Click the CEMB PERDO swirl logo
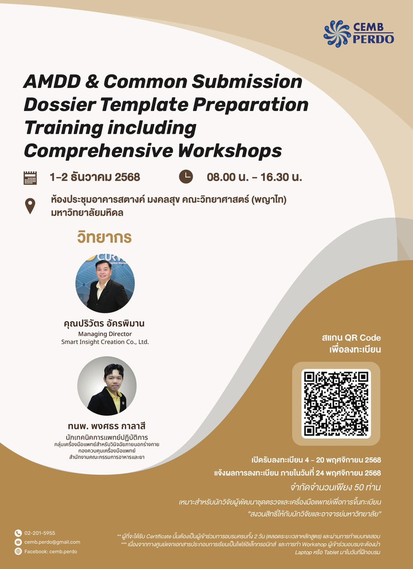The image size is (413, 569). tap(338, 33)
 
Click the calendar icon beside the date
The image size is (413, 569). tap(30, 177)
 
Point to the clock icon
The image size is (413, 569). tap(185, 177)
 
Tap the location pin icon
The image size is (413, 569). tap(30, 206)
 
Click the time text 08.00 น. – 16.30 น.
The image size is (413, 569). tap(254, 177)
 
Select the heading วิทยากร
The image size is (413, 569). tap(104, 238)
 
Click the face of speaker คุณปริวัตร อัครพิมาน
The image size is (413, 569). tap(103, 272)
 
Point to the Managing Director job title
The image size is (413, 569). tap(105, 334)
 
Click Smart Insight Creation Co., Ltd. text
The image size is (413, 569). tap(105, 342)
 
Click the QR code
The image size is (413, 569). tap(336, 403)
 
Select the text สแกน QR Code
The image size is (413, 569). tap(351, 338)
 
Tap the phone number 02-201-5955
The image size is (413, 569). tap(39, 533)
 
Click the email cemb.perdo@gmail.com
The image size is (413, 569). tap(52, 542)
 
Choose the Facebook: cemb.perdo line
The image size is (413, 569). tap(51, 551)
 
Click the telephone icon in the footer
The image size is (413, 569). tap(18, 533)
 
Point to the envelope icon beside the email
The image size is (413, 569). tap(18, 542)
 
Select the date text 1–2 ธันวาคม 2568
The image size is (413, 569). tap(94, 177)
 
